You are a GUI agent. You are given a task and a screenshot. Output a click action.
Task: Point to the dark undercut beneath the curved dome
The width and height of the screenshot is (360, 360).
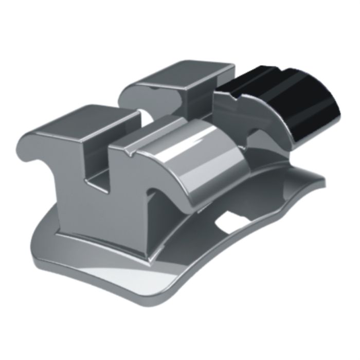pyautogui.click(x=170, y=206)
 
